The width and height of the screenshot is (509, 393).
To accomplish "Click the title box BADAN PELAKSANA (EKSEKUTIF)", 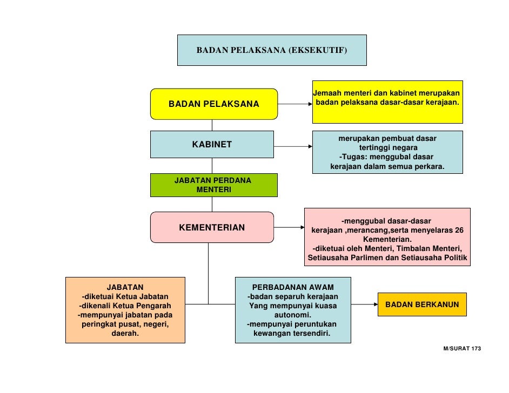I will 272,50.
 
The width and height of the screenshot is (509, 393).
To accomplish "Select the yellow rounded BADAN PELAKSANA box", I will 213,104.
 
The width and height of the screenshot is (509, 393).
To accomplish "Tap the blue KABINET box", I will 212,144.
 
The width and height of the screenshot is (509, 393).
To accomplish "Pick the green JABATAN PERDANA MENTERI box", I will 213,185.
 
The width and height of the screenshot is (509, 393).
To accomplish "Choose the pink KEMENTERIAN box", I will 212,227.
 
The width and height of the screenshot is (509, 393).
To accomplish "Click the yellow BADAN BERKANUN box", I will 422,305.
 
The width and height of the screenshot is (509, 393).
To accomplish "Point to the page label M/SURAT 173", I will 461,349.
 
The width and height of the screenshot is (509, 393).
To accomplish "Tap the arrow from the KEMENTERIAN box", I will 289,228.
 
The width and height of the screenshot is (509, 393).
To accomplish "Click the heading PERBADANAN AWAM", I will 293,287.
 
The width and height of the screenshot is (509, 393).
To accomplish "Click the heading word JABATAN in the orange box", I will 125,287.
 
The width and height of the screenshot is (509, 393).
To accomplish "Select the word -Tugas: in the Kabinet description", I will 352,157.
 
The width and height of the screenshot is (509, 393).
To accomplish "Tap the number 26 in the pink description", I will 459,230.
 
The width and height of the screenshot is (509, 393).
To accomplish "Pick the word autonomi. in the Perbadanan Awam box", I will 292,315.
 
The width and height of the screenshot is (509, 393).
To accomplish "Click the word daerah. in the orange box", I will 125,334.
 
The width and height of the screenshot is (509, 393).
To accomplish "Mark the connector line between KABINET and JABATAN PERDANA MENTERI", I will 212,166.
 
